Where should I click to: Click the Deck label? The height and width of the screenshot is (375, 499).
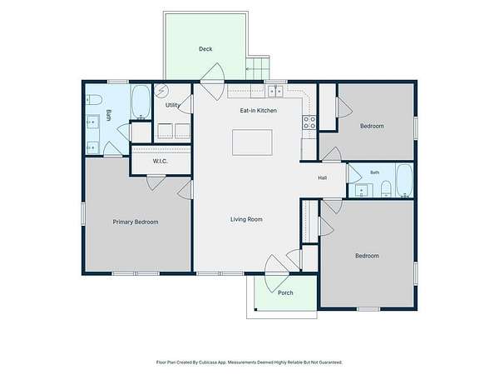(205, 49)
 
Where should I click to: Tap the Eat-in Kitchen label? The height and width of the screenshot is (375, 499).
(258, 110)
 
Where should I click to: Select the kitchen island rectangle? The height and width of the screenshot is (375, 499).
(252, 142)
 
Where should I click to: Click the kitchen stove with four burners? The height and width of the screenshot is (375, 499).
(309, 122)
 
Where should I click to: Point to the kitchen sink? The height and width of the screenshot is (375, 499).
(275, 92)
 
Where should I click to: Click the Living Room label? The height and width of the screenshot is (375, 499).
(246, 219)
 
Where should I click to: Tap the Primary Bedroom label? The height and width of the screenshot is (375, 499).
(136, 222)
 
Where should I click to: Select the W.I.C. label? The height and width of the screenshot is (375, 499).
(160, 162)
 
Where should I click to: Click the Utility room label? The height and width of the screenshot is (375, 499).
(172, 105)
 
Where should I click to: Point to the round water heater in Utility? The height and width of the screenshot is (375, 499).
(161, 91)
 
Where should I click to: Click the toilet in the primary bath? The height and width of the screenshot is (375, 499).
(94, 100)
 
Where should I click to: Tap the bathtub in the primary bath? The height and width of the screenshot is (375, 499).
(141, 102)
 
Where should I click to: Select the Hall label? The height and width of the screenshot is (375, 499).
(323, 178)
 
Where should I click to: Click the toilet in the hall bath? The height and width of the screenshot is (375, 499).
(386, 188)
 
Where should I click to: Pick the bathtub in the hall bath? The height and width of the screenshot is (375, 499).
(404, 181)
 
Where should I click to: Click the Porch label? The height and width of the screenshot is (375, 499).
(285, 292)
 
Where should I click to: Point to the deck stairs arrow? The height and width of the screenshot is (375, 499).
(258, 68)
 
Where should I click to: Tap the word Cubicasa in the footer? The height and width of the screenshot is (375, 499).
(208, 362)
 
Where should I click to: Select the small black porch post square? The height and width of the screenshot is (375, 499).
(255, 309)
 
